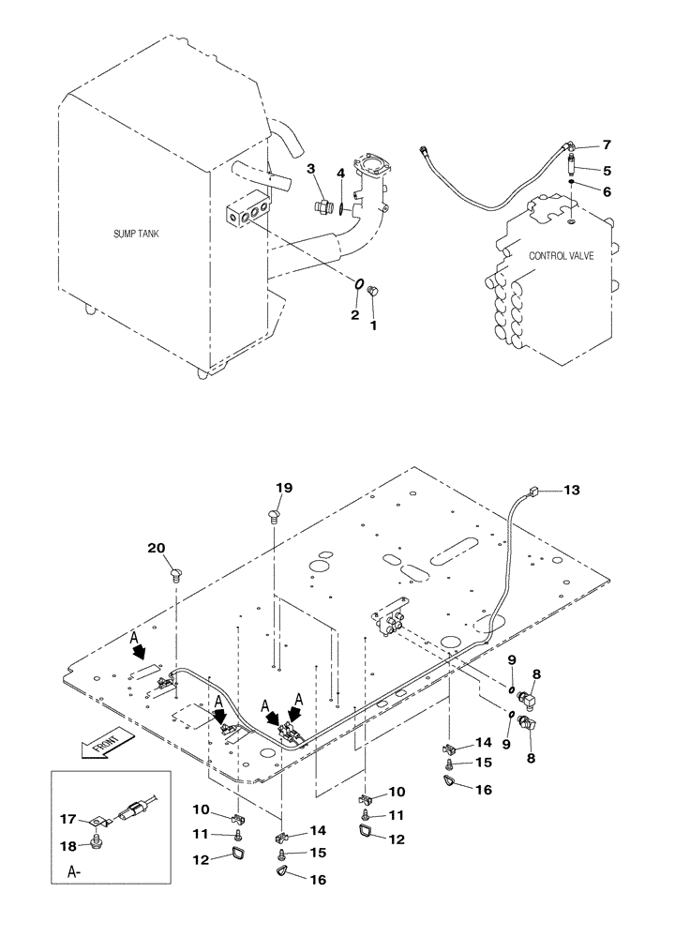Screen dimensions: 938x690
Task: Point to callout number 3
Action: pyautogui.click(x=310, y=169)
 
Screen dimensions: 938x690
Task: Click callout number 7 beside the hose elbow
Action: pyautogui.click(x=607, y=145)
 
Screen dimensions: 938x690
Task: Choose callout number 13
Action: pyautogui.click(x=569, y=490)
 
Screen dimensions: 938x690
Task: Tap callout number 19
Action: pyautogui.click(x=284, y=487)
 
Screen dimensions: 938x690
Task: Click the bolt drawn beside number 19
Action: pyautogui.click(x=275, y=513)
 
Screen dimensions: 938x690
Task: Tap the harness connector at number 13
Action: pyautogui.click(x=536, y=490)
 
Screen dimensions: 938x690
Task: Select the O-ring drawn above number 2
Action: pyautogui.click(x=359, y=282)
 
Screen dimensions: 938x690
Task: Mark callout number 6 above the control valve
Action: pyautogui.click(x=607, y=191)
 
